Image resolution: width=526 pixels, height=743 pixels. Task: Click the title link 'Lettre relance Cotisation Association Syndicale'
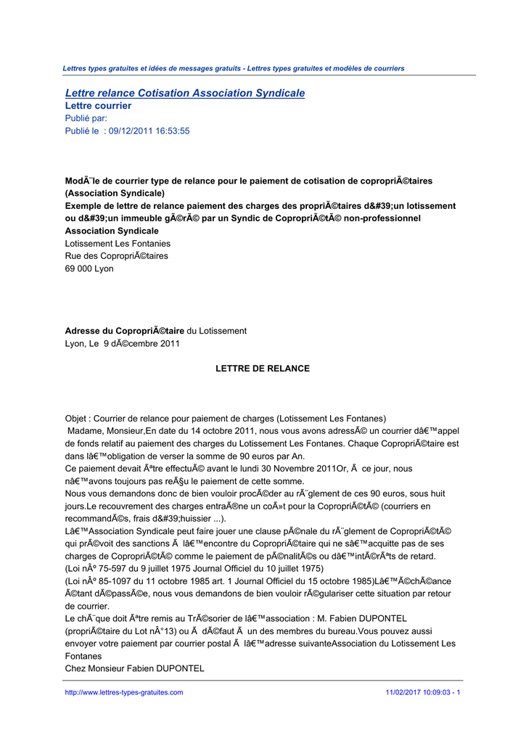click(185, 94)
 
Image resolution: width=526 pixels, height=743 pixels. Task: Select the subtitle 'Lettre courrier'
click(98, 106)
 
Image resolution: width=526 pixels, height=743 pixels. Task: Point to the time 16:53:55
click(173, 131)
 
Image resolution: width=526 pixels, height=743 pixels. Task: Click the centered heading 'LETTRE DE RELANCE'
click(263, 369)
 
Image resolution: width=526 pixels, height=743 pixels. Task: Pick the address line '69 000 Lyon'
click(89, 268)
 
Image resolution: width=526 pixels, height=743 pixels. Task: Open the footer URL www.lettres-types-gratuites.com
click(124, 692)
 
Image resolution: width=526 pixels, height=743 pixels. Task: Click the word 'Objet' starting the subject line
click(76, 419)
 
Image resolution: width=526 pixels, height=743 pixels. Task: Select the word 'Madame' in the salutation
click(85, 431)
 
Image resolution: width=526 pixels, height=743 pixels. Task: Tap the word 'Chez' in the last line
click(75, 668)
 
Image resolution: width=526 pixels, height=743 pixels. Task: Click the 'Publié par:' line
click(86, 118)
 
